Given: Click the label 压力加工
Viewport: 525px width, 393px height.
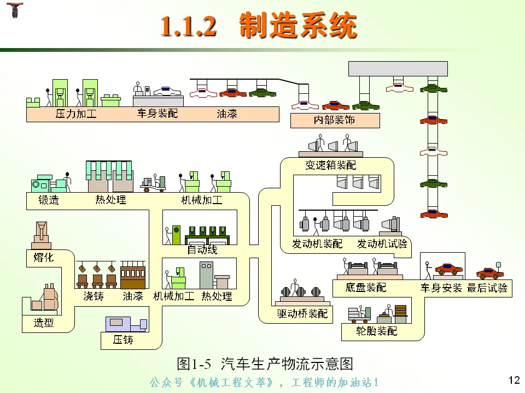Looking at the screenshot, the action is pos(76,114).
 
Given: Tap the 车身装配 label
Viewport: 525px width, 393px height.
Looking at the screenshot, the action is pos(157,114).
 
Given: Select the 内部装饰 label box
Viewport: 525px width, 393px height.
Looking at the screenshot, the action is pos(335,120).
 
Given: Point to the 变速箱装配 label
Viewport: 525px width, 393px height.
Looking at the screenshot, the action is pos(330,165).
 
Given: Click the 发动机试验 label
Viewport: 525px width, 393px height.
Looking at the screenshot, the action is pos(382,244).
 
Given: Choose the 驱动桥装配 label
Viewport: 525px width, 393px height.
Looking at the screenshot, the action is pos(302,313).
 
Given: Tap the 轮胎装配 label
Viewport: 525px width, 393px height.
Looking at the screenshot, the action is pos(376,331).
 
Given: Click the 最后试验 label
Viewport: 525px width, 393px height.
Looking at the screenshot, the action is pos(487,288).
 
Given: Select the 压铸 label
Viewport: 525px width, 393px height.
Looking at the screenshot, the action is pos(123,340).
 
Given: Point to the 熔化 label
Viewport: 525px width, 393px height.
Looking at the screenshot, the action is pos(44,257).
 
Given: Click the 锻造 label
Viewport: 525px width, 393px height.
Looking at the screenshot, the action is pos(49,200).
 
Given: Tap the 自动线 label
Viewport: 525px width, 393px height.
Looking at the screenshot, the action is pos(202,249).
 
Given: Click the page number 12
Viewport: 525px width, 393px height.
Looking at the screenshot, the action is pos(514,380).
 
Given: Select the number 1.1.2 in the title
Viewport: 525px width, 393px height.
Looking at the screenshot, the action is pos(189,26).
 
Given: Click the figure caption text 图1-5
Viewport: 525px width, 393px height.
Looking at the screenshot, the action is pos(194,364).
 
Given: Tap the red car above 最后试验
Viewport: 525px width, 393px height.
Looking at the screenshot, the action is pos(489,273).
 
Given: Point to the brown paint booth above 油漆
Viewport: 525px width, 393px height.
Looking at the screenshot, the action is pos(133,275).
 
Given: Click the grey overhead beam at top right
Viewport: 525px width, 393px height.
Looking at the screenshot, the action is pos(398,69).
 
